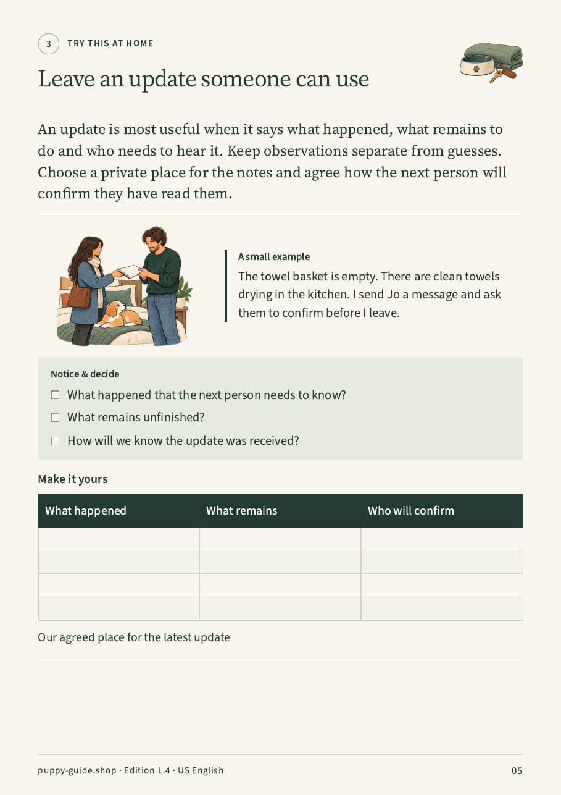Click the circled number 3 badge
(x=49, y=44)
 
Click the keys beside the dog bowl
(x=503, y=75)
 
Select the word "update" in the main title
(x=162, y=80)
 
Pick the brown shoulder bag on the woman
(x=80, y=297)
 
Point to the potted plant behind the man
(x=184, y=292)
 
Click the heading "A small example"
(x=274, y=256)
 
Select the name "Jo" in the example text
(x=393, y=295)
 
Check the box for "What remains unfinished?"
(x=55, y=418)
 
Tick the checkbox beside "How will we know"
(x=55, y=441)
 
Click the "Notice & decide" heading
(x=85, y=374)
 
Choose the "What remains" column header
(x=241, y=511)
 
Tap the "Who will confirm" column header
(x=410, y=511)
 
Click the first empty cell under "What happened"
(x=118, y=539)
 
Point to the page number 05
(x=517, y=770)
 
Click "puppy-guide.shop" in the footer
(x=77, y=770)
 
